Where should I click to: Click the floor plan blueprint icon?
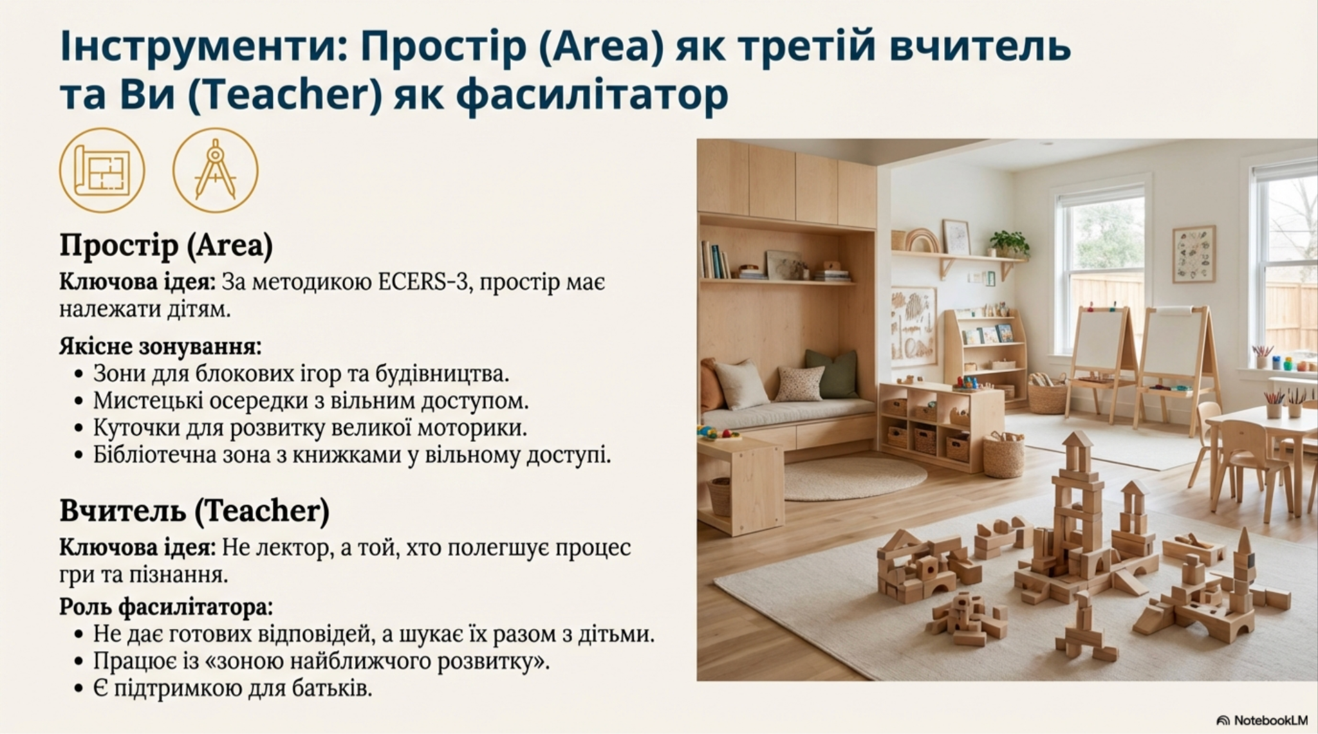tap(102, 170)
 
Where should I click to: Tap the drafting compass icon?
tap(216, 170)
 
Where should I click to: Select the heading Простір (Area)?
tap(166, 246)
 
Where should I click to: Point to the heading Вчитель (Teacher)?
tap(194, 511)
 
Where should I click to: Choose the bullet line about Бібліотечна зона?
tap(351, 455)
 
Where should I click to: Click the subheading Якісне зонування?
tap(160, 347)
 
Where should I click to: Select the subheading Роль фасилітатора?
tap(166, 607)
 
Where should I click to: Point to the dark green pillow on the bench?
tap(833, 374)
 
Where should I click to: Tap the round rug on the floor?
tap(855, 477)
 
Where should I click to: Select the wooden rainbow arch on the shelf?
tap(922, 240)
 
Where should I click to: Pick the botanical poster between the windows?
tap(1194, 254)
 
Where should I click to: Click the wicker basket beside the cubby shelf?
tap(1003, 455)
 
